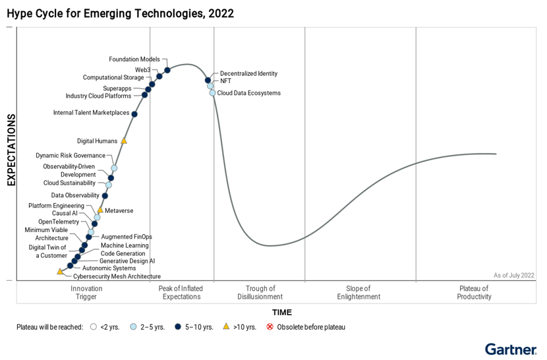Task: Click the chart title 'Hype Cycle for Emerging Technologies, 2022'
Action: (120, 13)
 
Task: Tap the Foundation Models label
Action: (134, 59)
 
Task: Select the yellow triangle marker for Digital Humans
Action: (124, 140)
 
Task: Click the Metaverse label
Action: (119, 211)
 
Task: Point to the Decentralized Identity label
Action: (248, 74)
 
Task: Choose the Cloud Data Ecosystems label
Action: (248, 93)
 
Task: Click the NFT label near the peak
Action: (225, 81)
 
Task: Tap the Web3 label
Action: (143, 69)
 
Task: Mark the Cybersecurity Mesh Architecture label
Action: (117, 277)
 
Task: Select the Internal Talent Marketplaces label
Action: (91, 113)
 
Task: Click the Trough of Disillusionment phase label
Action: (260, 293)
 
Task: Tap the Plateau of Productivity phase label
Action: (474, 293)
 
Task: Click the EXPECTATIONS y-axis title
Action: (11, 150)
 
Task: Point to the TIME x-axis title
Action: (281, 313)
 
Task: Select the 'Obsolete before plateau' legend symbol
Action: (270, 327)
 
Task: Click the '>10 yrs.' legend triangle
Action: (226, 326)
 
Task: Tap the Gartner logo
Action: (511, 349)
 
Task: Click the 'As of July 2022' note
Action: (513, 276)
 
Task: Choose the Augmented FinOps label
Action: (127, 237)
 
